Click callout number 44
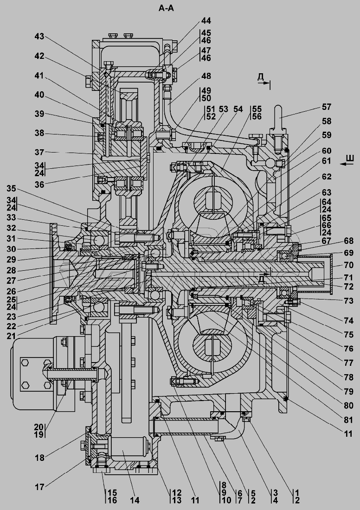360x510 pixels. click(x=206, y=21)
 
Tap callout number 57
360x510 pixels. click(x=326, y=107)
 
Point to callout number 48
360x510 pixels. click(x=206, y=76)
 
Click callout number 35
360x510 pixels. click(x=12, y=188)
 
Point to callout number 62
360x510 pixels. click(x=326, y=177)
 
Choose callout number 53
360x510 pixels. click(x=224, y=109)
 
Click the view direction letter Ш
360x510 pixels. click(x=350, y=159)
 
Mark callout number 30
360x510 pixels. click(x=12, y=248)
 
